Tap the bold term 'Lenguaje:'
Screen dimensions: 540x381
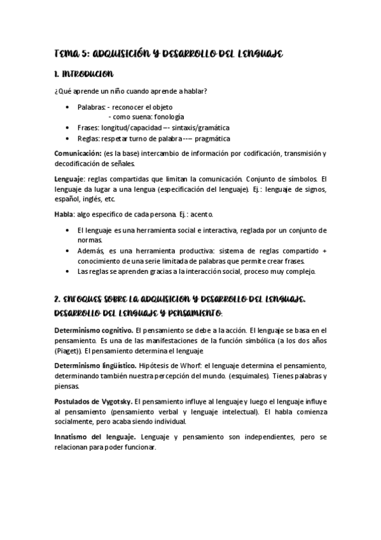coord(69,179)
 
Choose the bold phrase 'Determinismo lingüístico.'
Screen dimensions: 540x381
coord(95,366)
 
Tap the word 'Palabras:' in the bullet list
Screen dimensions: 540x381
coord(92,107)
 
